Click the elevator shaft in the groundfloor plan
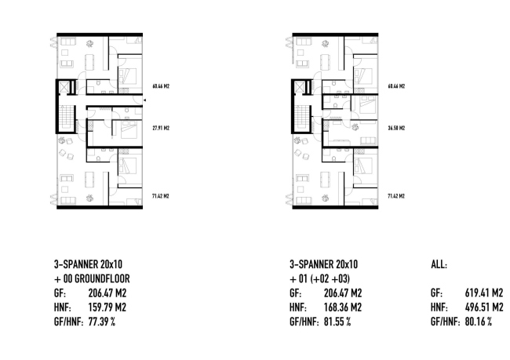pos(64,87)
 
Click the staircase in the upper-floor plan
pos(301,117)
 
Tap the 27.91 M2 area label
pos(161,128)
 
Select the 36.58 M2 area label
pos(396,128)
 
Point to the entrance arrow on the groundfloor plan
pos(144,100)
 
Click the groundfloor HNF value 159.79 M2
pos(107,307)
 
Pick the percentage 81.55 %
pos(337,322)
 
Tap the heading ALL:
pos(439,264)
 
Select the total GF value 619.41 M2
pos(484,293)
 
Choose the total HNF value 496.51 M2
pos(484,307)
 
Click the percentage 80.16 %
pos(479,322)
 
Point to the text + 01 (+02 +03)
pos(319,278)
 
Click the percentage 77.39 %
pos(102,322)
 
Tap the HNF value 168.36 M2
pos(343,307)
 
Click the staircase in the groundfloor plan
pos(66,117)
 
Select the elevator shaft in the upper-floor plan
pos(299,87)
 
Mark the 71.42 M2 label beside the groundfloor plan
pos(161,196)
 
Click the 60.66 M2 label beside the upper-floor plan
pos(396,86)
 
